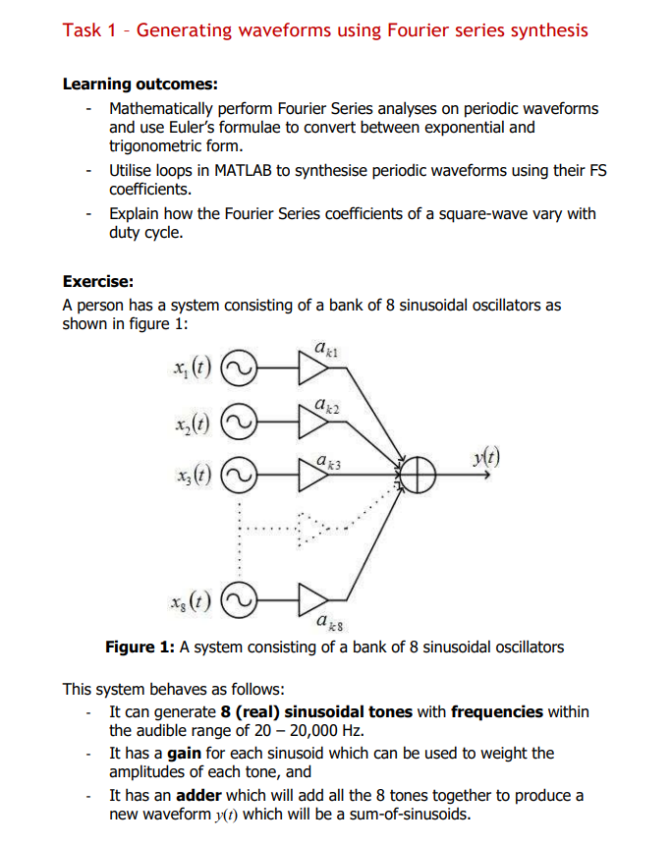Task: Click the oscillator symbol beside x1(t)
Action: [x=239, y=368]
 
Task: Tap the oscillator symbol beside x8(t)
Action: [x=239, y=597]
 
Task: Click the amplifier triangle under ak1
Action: [x=313, y=368]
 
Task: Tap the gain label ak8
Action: [x=329, y=622]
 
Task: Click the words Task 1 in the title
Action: [x=93, y=29]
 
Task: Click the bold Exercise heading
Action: [x=97, y=280]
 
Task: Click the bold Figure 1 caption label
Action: [x=140, y=647]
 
